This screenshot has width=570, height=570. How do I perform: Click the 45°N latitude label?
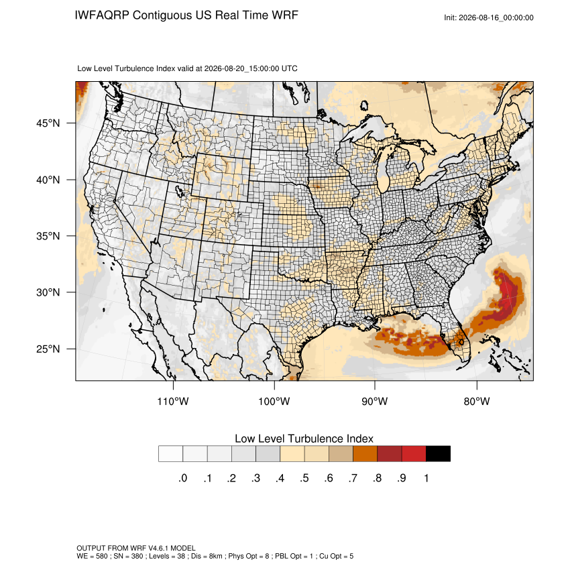click(x=48, y=123)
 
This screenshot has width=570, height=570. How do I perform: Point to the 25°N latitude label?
click(x=48, y=349)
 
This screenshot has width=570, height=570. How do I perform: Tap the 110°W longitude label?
click(x=173, y=401)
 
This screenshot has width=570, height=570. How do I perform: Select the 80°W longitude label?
click(x=477, y=401)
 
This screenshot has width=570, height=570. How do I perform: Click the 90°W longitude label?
click(x=374, y=401)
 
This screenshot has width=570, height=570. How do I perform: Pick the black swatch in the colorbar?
click(x=438, y=454)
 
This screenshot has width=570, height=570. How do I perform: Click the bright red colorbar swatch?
click(x=414, y=454)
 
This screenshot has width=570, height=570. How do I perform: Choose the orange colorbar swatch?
click(x=365, y=454)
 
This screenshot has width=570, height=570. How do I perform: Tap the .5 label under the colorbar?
click(x=304, y=478)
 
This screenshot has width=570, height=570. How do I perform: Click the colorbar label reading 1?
click(x=426, y=478)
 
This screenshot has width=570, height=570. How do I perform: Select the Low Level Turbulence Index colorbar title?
click(x=304, y=439)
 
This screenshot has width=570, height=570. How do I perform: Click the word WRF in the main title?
click(x=286, y=15)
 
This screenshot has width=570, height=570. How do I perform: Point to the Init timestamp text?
click(x=489, y=17)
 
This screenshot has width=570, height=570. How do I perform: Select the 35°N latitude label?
click(x=48, y=236)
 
